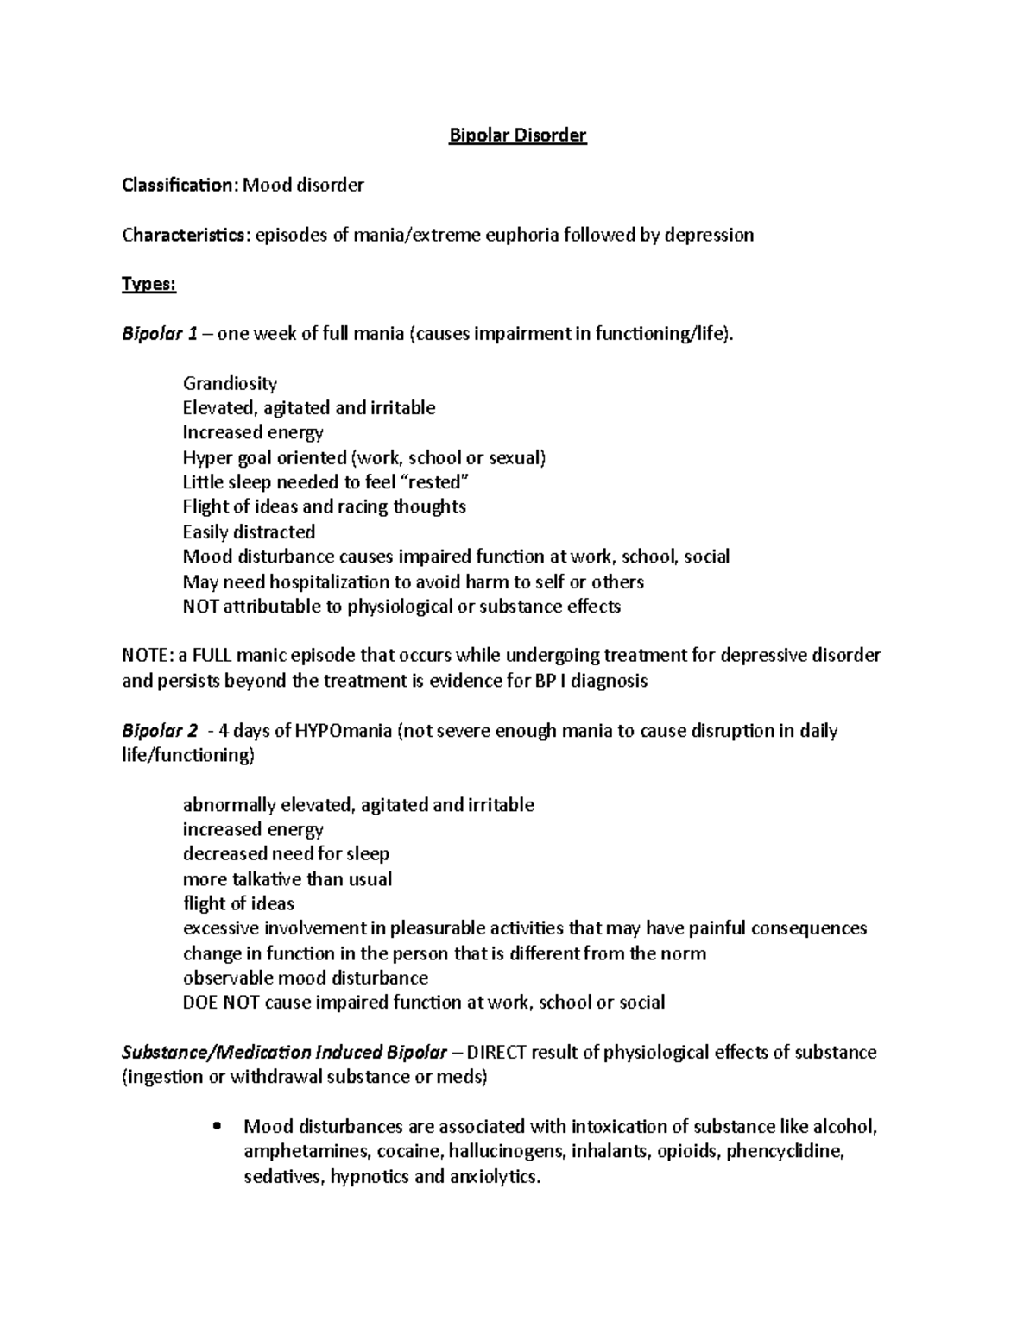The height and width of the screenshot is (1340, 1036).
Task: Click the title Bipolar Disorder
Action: pyautogui.click(x=517, y=135)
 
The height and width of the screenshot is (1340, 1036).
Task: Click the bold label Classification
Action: pyautogui.click(x=177, y=185)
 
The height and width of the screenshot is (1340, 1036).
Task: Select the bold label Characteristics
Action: pyautogui.click(x=184, y=235)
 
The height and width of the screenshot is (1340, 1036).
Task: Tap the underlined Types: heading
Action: pyautogui.click(x=148, y=285)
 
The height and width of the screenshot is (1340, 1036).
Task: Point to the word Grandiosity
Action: pyautogui.click(x=230, y=383)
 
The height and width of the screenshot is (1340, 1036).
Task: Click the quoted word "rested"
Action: pyautogui.click(x=437, y=482)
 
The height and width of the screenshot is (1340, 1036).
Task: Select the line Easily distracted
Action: pyautogui.click(x=249, y=532)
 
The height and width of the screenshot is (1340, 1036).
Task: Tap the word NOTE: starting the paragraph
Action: pyautogui.click(x=148, y=656)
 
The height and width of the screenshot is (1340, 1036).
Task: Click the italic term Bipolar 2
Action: pyautogui.click(x=160, y=731)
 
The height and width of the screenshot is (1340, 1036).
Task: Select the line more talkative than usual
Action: pyautogui.click(x=287, y=879)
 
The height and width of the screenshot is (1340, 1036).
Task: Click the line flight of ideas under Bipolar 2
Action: pyautogui.click(x=238, y=903)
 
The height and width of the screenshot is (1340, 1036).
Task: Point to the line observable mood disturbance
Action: pyautogui.click(x=305, y=978)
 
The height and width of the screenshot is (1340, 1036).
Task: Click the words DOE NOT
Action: pyautogui.click(x=220, y=1003)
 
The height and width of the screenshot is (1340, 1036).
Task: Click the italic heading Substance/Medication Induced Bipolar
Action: pyautogui.click(x=284, y=1053)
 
